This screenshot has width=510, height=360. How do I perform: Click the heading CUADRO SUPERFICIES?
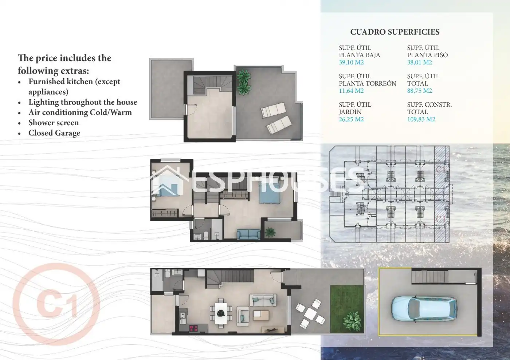(395, 32)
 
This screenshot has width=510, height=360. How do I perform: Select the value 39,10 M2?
(351, 62)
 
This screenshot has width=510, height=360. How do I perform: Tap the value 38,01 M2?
(419, 62)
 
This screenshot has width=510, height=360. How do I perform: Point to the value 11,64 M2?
(351, 91)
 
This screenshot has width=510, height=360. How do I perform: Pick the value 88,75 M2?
(419, 91)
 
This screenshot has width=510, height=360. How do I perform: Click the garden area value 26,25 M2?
(351, 119)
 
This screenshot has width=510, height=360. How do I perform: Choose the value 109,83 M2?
(421, 119)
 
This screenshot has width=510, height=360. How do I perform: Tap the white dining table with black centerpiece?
(221, 313)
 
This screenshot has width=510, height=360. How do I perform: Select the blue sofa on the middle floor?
(248, 234)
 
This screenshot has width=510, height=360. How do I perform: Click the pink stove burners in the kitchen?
(193, 328)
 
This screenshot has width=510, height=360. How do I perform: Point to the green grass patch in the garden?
(347, 309)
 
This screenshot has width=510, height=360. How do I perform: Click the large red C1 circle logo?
(56, 304)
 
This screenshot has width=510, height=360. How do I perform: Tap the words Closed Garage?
(54, 133)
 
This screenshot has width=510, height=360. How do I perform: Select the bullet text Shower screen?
(54, 123)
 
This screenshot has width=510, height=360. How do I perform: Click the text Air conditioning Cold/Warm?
(80, 112)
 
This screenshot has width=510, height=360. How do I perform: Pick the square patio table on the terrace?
(310, 313)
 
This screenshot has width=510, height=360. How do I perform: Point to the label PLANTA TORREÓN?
(368, 83)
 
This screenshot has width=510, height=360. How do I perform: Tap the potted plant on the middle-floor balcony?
(270, 232)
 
